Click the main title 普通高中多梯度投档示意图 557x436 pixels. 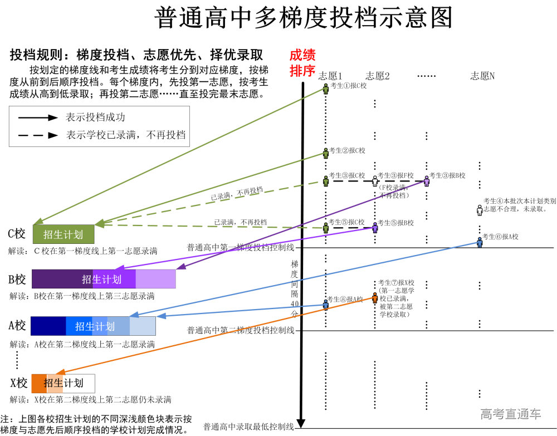(x=304, y=18)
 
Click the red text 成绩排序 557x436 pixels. (x=302, y=63)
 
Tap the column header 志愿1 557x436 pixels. (x=330, y=76)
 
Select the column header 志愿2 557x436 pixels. (x=378, y=76)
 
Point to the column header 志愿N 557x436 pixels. (x=482, y=76)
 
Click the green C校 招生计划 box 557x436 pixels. (x=63, y=234)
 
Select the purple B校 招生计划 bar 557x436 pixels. (x=104, y=279)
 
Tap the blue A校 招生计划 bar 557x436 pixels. (x=93, y=326)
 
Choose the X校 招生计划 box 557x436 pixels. (x=63, y=383)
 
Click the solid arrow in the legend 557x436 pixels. (x=38, y=117)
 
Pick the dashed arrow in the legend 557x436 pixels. (x=38, y=135)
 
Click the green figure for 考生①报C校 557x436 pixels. (x=326, y=87)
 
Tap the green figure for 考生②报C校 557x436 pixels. (x=326, y=153)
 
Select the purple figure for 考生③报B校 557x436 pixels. (x=427, y=180)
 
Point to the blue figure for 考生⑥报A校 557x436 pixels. (x=480, y=242)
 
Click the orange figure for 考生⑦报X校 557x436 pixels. (x=375, y=297)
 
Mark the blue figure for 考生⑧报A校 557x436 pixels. (x=326, y=304)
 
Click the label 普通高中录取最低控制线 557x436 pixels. (x=248, y=427)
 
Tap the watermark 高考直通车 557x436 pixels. (x=511, y=414)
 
